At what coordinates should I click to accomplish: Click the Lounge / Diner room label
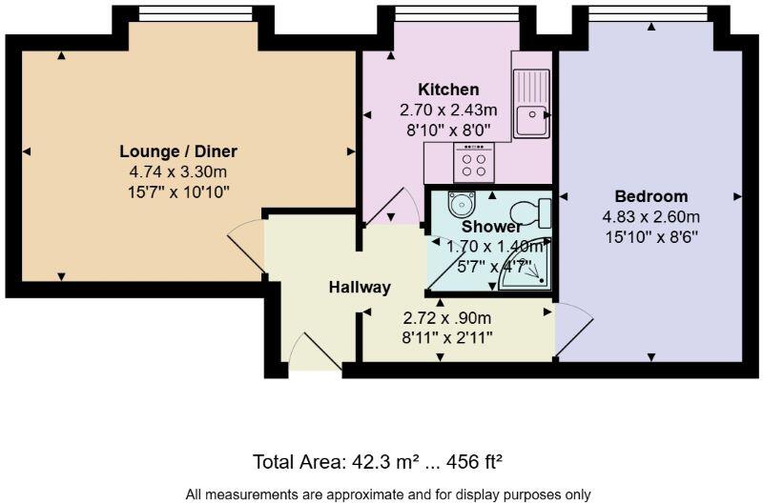click(x=178, y=151)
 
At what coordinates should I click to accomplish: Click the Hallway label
click(x=360, y=287)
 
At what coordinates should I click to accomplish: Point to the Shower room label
click(x=491, y=227)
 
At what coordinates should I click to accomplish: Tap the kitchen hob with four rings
click(x=473, y=166)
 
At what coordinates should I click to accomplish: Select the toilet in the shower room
click(x=530, y=210)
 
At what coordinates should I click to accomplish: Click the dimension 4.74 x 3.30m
click(x=178, y=172)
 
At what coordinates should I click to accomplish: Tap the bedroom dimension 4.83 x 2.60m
click(x=651, y=217)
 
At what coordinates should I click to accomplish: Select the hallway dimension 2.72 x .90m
click(x=446, y=317)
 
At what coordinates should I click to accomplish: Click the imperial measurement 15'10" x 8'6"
click(x=651, y=236)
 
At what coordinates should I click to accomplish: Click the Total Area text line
click(x=377, y=462)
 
